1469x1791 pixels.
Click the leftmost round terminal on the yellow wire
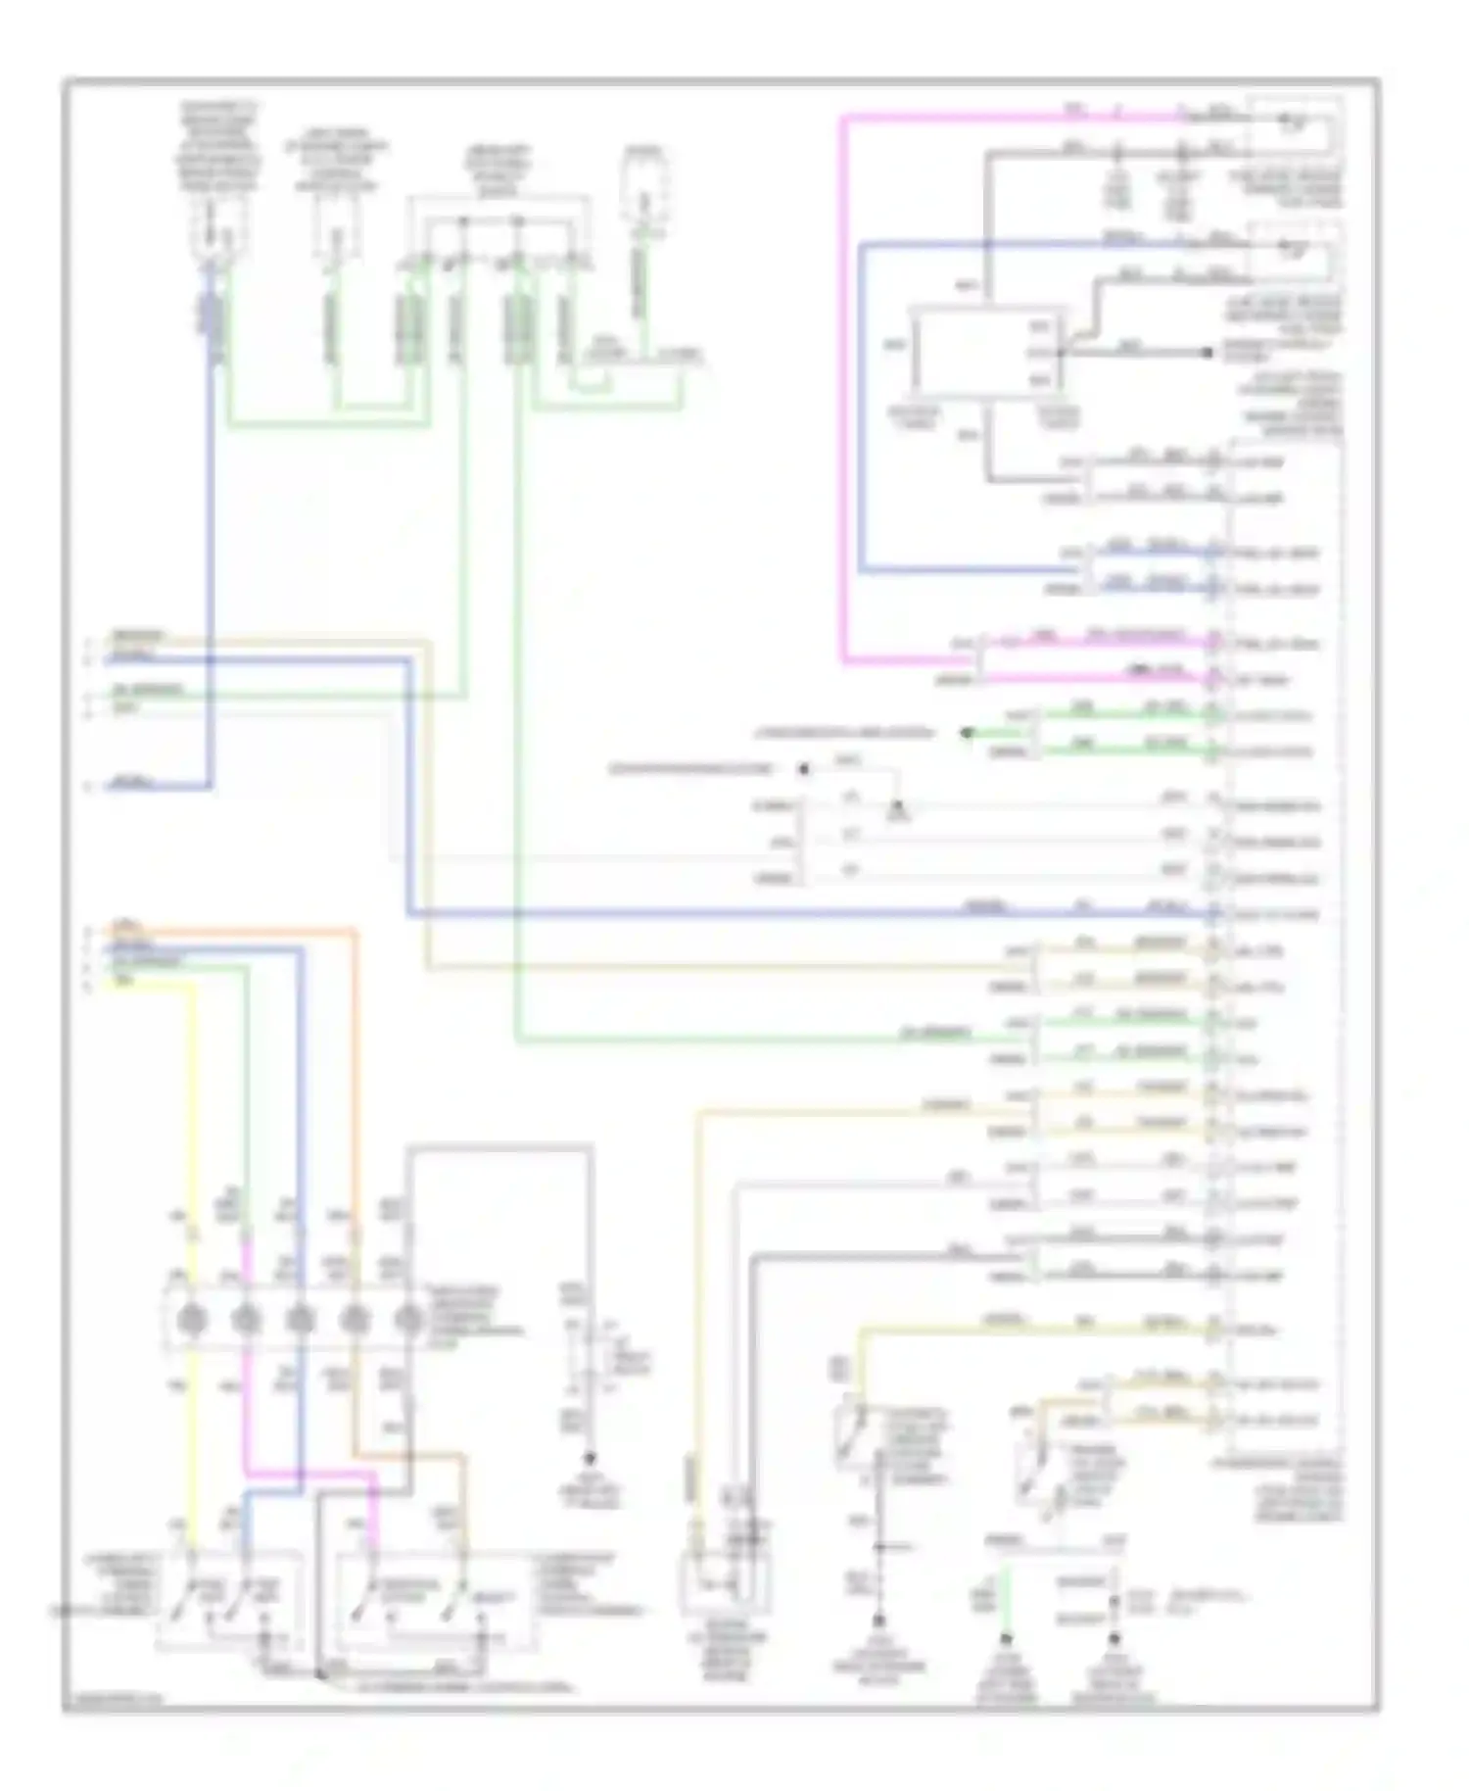click(193, 1322)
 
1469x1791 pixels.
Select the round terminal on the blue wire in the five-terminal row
click(300, 1322)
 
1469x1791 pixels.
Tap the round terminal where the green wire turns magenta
click(246, 1322)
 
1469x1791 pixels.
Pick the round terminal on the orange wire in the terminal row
click(354, 1322)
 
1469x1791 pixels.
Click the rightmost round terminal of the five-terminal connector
click(407, 1322)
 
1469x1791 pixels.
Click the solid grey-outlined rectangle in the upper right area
click(983, 352)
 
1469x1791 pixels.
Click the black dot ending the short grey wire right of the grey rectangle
click(1208, 352)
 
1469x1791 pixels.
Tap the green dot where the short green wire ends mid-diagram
click(967, 732)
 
